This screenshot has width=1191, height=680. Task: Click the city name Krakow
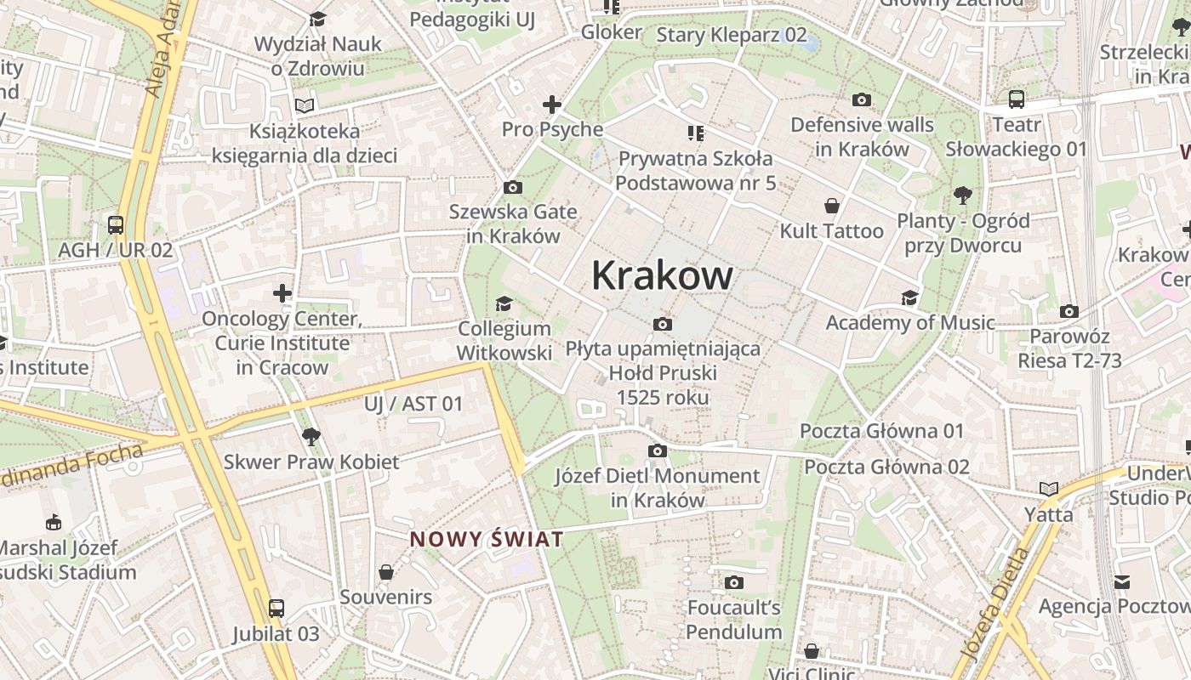click(x=662, y=275)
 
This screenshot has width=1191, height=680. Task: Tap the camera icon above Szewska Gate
click(x=513, y=187)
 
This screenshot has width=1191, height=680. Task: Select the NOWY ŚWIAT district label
click(x=487, y=539)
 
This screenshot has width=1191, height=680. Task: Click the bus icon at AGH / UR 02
click(x=116, y=225)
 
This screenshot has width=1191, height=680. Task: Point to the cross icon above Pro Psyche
click(x=552, y=105)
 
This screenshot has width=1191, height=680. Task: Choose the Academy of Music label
click(x=910, y=323)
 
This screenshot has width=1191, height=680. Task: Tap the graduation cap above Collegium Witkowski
click(x=504, y=303)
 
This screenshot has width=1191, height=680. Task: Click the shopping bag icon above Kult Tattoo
click(x=832, y=206)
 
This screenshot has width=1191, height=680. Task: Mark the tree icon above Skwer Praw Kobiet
click(x=311, y=437)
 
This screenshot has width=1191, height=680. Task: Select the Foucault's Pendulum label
click(x=734, y=620)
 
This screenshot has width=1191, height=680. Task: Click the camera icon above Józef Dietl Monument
click(x=658, y=450)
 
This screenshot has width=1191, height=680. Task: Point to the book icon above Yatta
click(x=1049, y=489)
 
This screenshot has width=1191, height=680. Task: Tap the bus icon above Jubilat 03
click(x=276, y=609)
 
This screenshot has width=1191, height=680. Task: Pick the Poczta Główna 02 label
click(x=887, y=467)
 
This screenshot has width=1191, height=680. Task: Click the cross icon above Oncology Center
click(x=282, y=294)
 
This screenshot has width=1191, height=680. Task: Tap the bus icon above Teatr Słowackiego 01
click(x=1017, y=99)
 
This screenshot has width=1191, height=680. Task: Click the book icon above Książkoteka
click(x=305, y=106)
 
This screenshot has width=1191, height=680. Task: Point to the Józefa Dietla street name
click(x=996, y=603)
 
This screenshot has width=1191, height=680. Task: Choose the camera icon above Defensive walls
click(x=862, y=100)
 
